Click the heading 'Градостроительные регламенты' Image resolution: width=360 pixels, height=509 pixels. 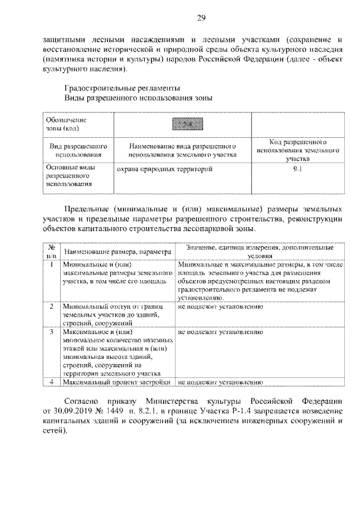tap(122, 88)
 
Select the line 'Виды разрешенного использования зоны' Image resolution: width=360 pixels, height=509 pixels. tap(138, 98)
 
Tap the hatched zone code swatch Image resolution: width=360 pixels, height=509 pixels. tap(182, 124)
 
